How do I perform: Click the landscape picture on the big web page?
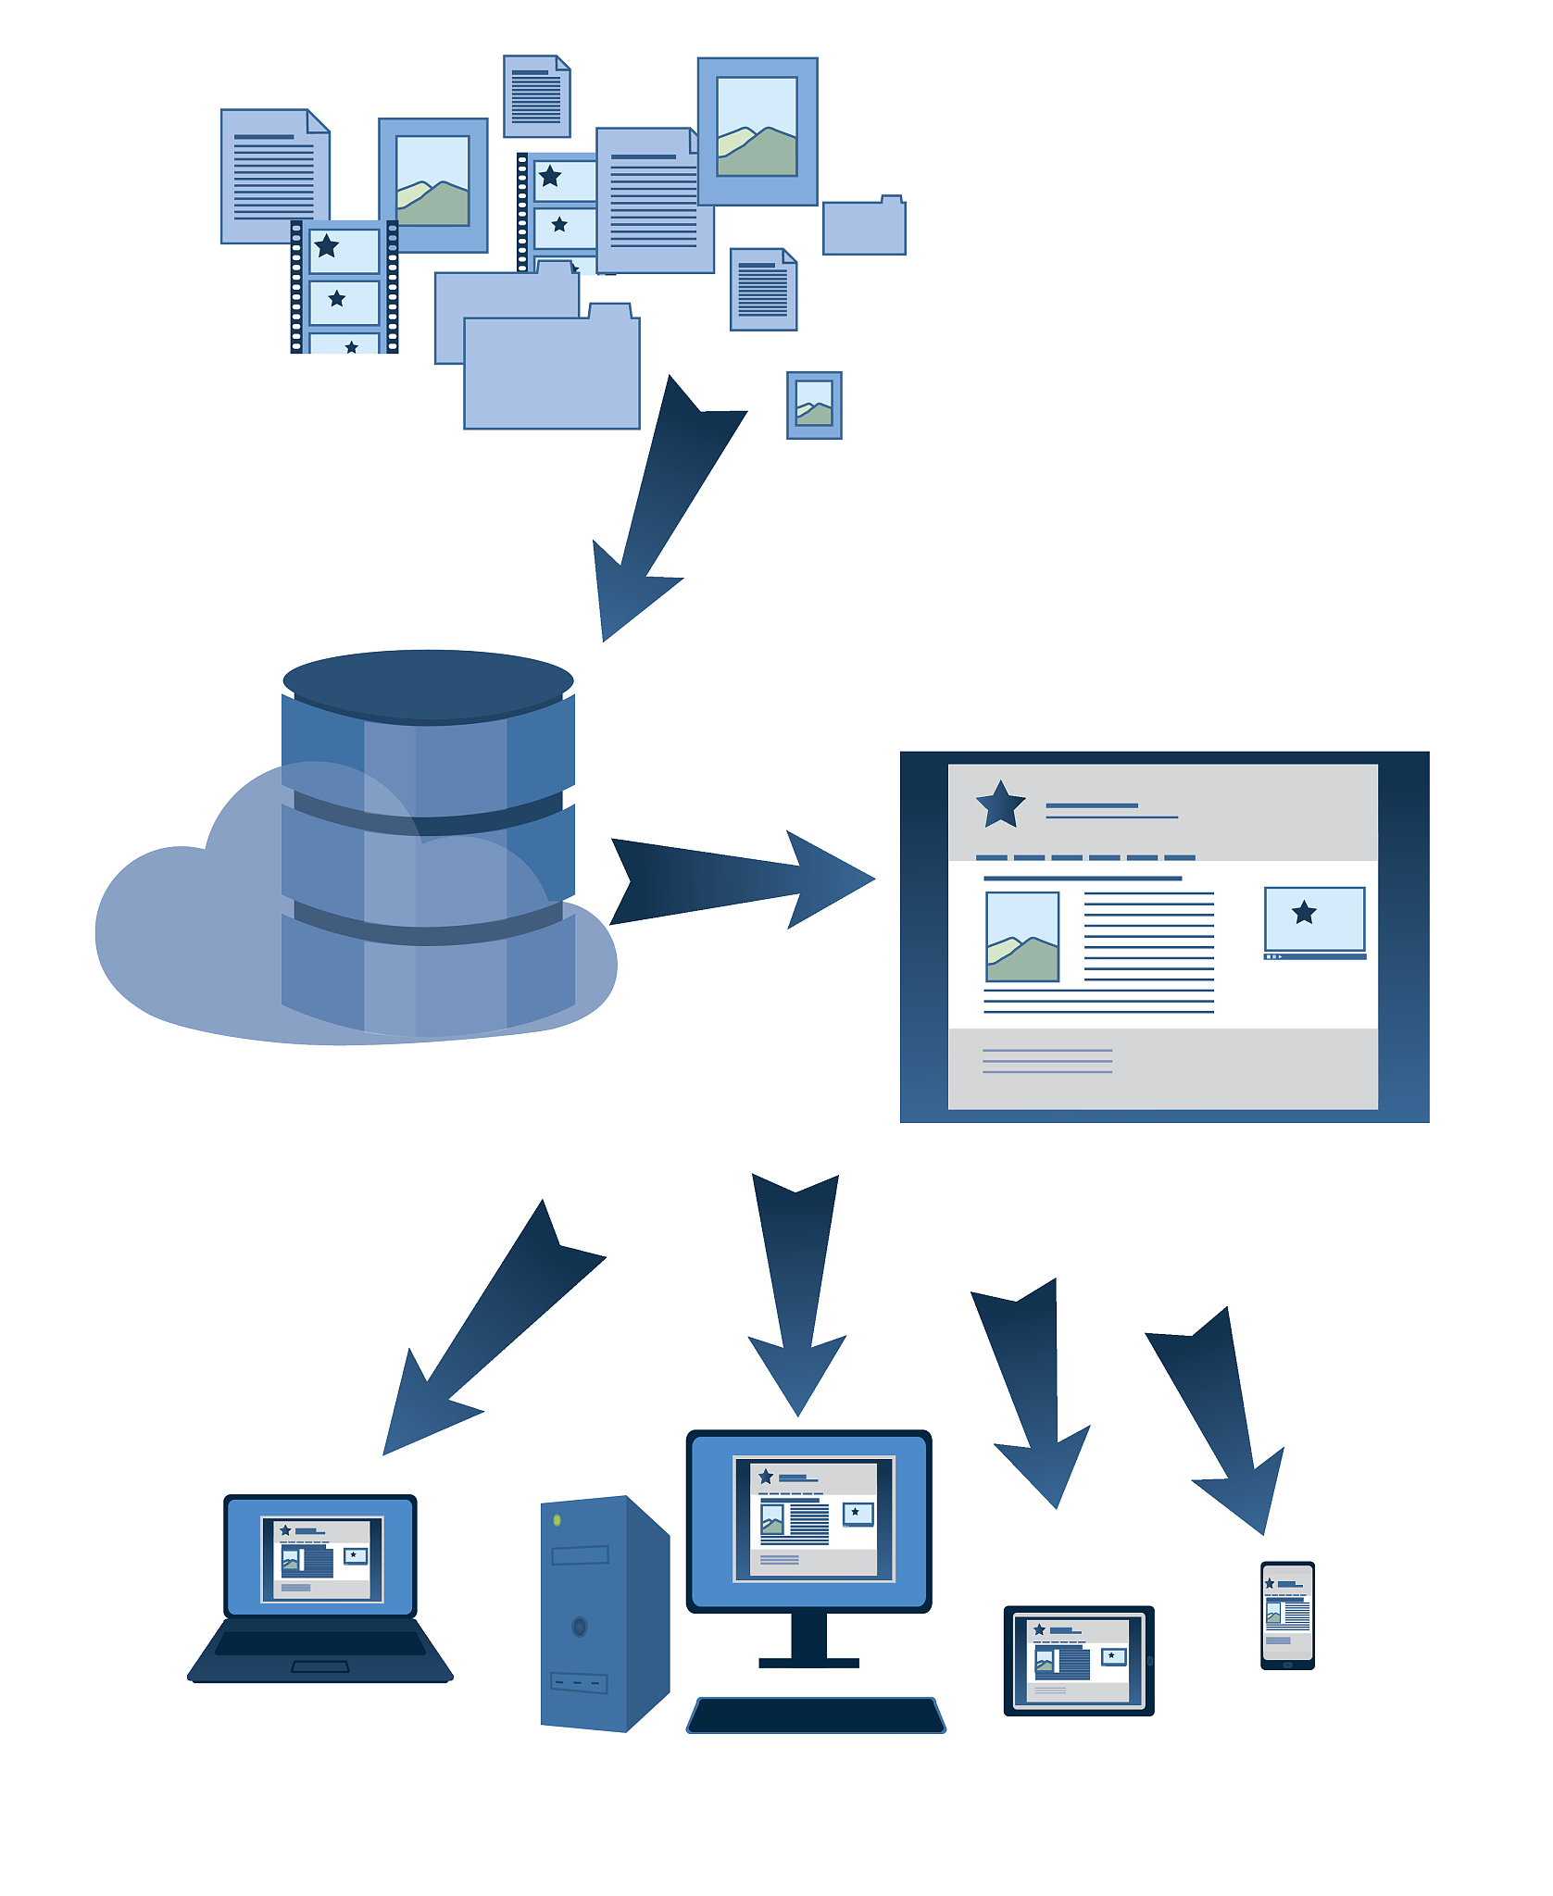pyautogui.click(x=1022, y=936)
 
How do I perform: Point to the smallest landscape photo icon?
pyautogui.click(x=814, y=405)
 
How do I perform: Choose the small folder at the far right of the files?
pyautogui.click(x=864, y=228)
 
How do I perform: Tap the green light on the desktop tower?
pyautogui.click(x=557, y=1520)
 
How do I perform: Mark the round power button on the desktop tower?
pyautogui.click(x=580, y=1626)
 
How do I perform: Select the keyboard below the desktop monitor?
pyautogui.click(x=816, y=1715)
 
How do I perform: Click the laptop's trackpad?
pyautogui.click(x=320, y=1666)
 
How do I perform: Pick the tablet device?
pyautogui.click(x=1079, y=1660)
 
